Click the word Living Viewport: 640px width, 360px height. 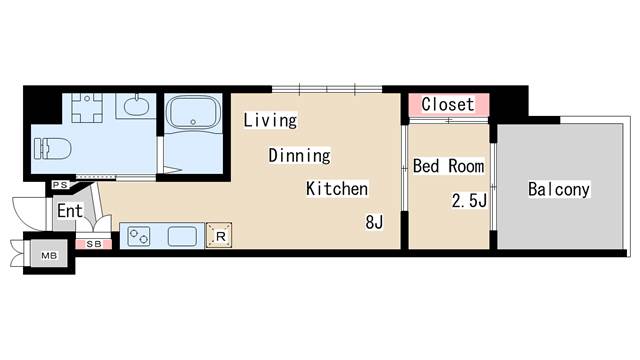coord(271,121)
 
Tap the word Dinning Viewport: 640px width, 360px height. coord(298,156)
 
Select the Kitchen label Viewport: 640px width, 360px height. coord(337,189)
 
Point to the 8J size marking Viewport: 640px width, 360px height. coord(374,223)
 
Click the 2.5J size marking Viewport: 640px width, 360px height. coord(469,201)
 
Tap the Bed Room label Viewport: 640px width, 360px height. coord(448,166)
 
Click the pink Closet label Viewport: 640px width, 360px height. coord(447,105)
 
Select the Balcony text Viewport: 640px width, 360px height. coord(559,189)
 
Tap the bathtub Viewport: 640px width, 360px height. coord(195,114)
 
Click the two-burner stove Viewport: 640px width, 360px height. coord(138,238)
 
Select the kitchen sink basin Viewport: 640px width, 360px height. coord(182,237)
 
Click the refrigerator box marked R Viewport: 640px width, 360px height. coord(219,237)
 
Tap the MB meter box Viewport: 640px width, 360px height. coord(47,255)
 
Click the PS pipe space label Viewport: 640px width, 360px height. coord(59,185)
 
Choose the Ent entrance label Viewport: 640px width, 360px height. coord(69,211)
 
